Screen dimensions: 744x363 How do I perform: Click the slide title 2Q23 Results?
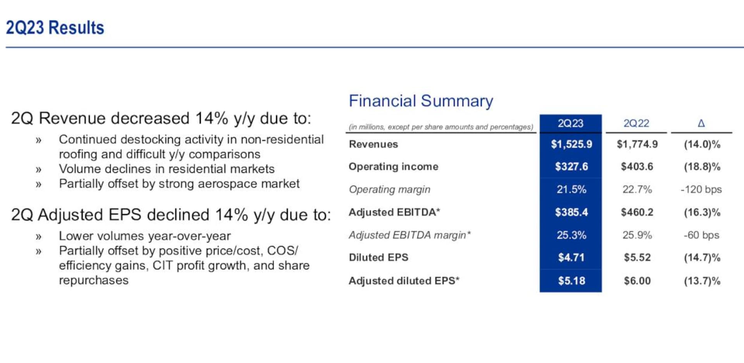tap(55, 28)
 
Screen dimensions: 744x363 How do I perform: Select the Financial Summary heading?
tap(421, 101)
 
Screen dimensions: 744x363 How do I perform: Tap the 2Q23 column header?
tap(570, 123)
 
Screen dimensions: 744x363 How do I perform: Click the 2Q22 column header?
tap(636, 123)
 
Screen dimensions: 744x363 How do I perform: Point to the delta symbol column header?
tap(701, 123)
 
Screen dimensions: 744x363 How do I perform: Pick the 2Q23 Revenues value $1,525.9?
tap(572, 144)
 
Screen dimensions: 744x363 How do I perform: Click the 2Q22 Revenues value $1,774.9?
tap(637, 144)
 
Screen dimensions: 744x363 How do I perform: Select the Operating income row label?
tap(393, 167)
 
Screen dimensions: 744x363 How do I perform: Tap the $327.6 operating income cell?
tap(572, 167)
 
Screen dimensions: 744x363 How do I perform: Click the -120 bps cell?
tap(701, 190)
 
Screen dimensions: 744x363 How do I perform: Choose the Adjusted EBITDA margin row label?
tap(410, 235)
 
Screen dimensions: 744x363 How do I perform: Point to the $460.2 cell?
tap(637, 212)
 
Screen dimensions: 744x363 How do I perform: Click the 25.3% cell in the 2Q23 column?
tap(572, 235)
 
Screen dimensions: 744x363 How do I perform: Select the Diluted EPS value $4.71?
tap(572, 258)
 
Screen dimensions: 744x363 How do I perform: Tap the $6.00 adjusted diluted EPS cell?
tap(637, 281)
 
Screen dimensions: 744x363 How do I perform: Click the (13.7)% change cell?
tap(702, 281)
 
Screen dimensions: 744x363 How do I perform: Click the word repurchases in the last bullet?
tap(93, 281)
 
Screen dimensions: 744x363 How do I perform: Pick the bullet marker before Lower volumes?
tap(38, 237)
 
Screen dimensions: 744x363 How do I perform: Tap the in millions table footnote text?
tap(441, 127)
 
